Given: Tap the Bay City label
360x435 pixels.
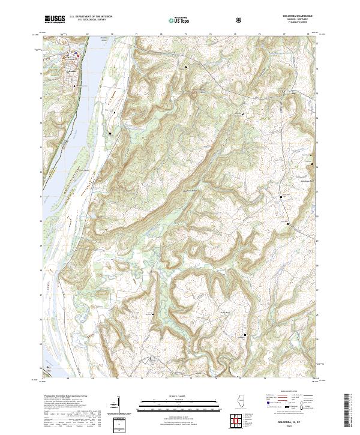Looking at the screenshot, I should [x=50, y=367].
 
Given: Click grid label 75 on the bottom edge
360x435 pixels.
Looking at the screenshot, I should [x=239, y=379].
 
